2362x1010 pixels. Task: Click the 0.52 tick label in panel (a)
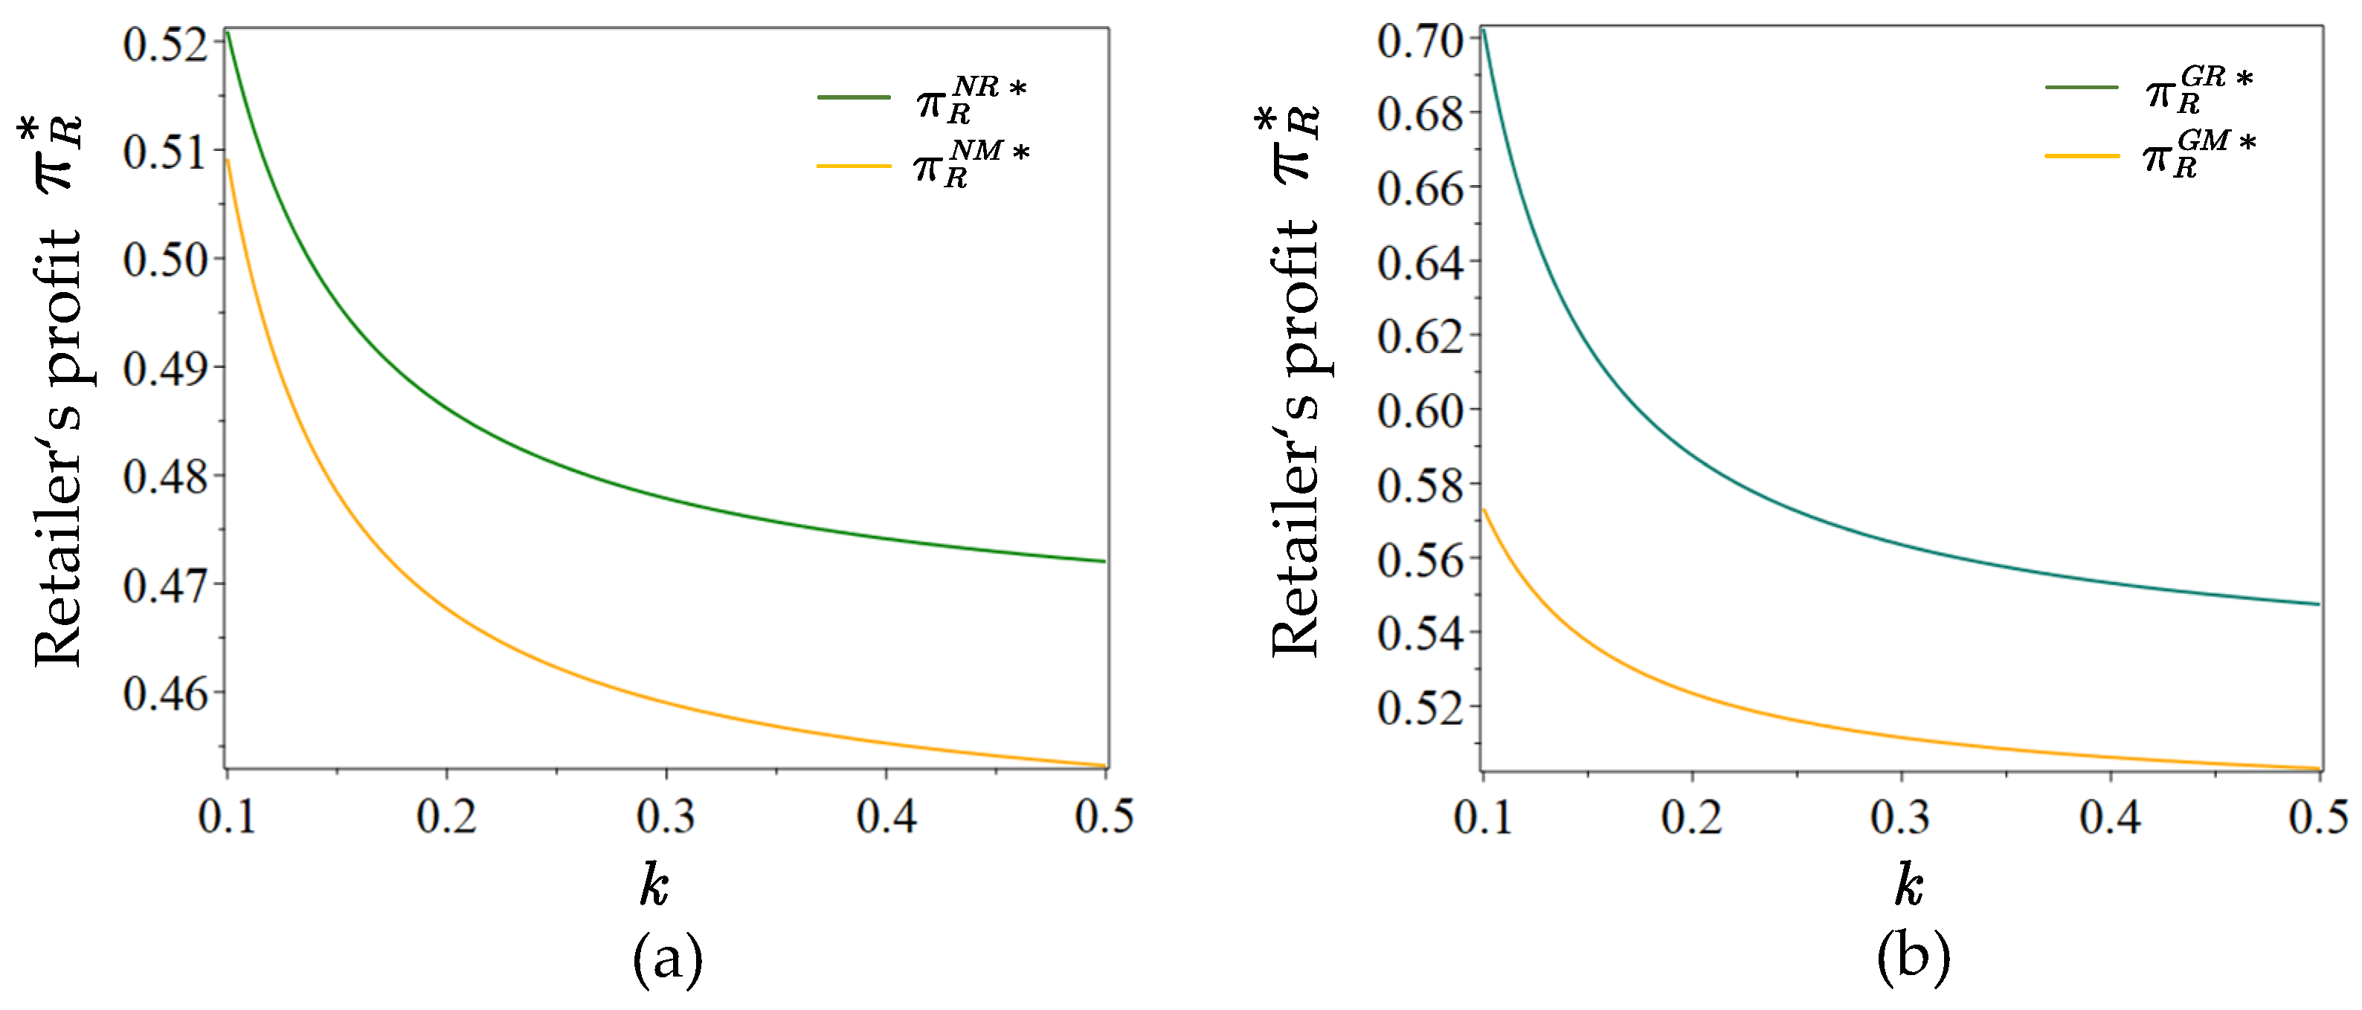click(x=166, y=44)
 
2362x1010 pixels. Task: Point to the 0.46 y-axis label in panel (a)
click(x=166, y=694)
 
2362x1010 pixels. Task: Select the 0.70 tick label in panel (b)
click(x=1420, y=41)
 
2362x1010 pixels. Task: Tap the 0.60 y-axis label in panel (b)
click(x=1420, y=410)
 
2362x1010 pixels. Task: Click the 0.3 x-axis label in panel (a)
click(x=666, y=817)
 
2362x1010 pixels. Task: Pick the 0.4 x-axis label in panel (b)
click(x=2110, y=817)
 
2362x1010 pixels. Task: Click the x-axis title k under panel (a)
click(x=654, y=885)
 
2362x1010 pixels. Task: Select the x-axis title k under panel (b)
click(x=1909, y=885)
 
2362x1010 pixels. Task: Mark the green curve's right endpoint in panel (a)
click(x=1105, y=561)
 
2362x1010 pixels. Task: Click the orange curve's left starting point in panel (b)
click(x=1484, y=510)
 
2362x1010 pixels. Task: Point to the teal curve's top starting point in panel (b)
click(x=1483, y=29)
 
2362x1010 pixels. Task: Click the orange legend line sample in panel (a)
click(x=854, y=166)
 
